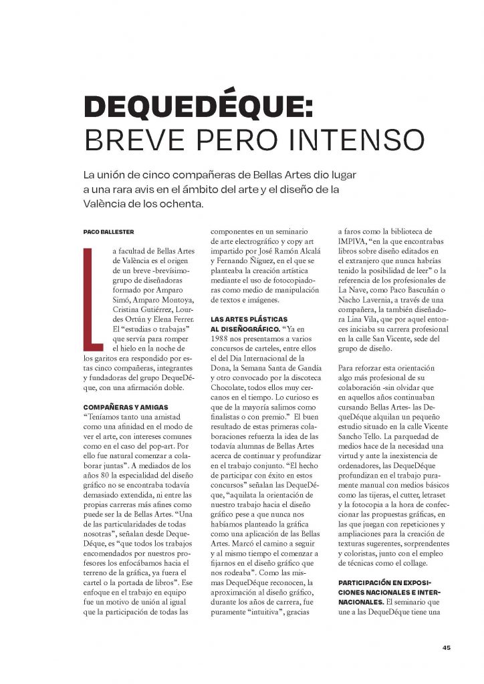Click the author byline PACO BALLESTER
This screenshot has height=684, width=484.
[x=108, y=232]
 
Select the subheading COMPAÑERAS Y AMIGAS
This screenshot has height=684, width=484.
[x=125, y=406]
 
